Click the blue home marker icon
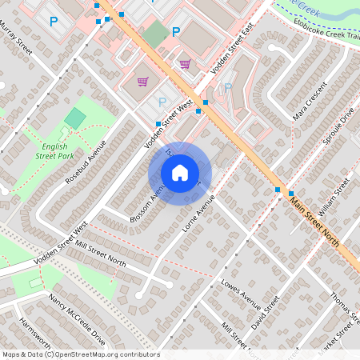[x=180, y=173]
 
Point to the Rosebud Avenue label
[x=86, y=162]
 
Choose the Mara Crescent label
[x=311, y=101]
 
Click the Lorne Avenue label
[x=199, y=213]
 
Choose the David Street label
[x=266, y=314]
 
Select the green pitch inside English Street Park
[x=74, y=119]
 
